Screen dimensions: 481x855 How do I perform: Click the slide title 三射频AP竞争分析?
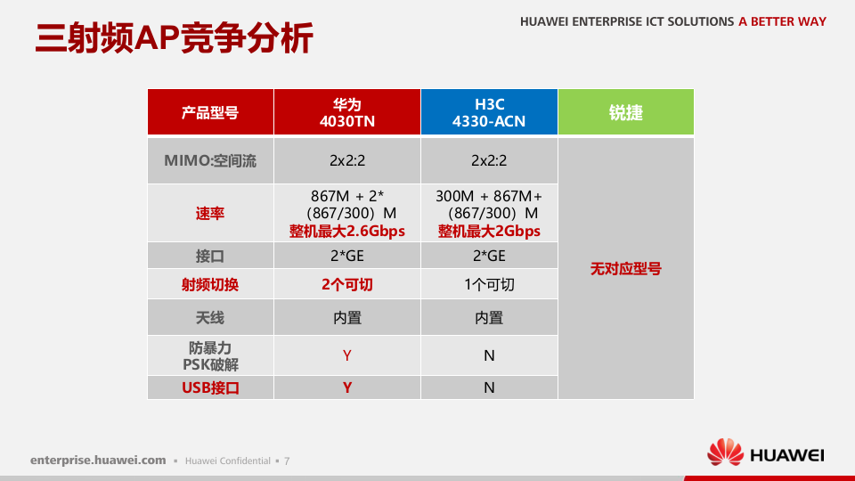(175, 38)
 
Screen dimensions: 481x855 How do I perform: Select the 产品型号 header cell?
(210, 112)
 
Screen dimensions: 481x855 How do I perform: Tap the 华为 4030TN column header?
(346, 112)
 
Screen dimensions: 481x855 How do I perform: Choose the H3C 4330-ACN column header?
(489, 112)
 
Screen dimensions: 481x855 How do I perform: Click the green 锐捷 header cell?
(625, 112)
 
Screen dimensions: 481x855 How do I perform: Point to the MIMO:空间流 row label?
(210, 161)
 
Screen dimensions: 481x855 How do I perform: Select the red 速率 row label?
(210, 214)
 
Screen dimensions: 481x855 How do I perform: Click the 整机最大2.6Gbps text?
(346, 232)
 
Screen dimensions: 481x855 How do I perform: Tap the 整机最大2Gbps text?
(489, 232)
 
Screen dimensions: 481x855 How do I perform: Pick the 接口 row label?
(210, 257)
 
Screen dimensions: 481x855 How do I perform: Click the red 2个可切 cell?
(346, 285)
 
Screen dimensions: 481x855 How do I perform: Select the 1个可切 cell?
(489, 285)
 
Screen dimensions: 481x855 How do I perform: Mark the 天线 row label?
(210, 318)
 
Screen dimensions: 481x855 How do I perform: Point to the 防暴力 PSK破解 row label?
(210, 355)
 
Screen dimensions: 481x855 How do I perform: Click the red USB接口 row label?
(210, 387)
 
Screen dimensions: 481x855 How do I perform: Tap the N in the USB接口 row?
(489, 387)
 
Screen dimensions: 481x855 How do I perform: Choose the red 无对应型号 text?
(625, 268)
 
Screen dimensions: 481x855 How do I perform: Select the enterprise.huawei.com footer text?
(98, 461)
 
